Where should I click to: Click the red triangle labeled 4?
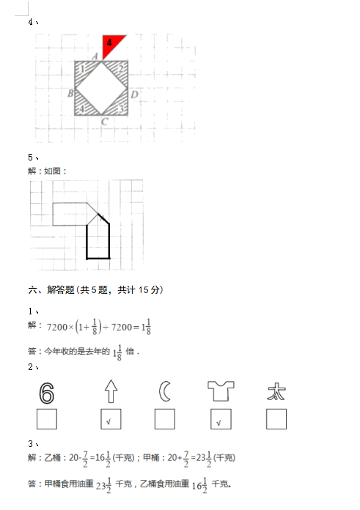coord(110,44)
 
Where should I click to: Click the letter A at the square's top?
coord(95,56)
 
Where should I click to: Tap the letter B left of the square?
coord(70,94)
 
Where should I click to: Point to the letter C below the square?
coord(105,122)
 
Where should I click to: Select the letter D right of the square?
coord(134,95)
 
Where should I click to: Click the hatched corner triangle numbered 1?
coord(82,70)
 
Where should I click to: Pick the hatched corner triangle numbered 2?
coord(120,69)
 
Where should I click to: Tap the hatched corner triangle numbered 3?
coord(120,107)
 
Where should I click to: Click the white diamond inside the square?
coord(101,88)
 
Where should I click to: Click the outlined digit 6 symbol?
coord(46,393)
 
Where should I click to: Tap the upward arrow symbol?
coord(111,391)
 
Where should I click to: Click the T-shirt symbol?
coord(221,391)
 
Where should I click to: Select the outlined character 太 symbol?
coord(276,391)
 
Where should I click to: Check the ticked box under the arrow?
coord(111,419)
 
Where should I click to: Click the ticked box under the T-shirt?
coord(221,419)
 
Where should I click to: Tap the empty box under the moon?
coord(165,419)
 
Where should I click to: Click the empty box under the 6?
coord(47,419)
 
